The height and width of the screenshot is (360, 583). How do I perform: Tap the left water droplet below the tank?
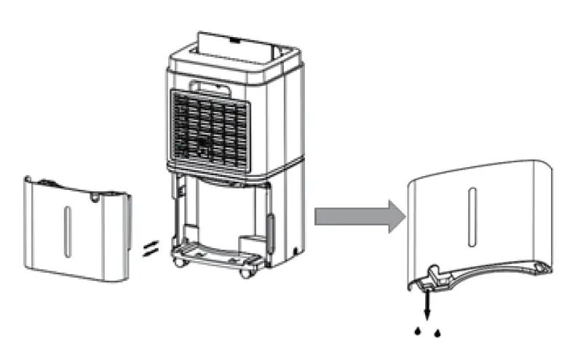pos(417,331)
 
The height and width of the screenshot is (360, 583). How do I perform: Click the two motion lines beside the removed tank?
pos(148,249)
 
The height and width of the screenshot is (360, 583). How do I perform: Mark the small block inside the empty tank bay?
pos(251,240)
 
